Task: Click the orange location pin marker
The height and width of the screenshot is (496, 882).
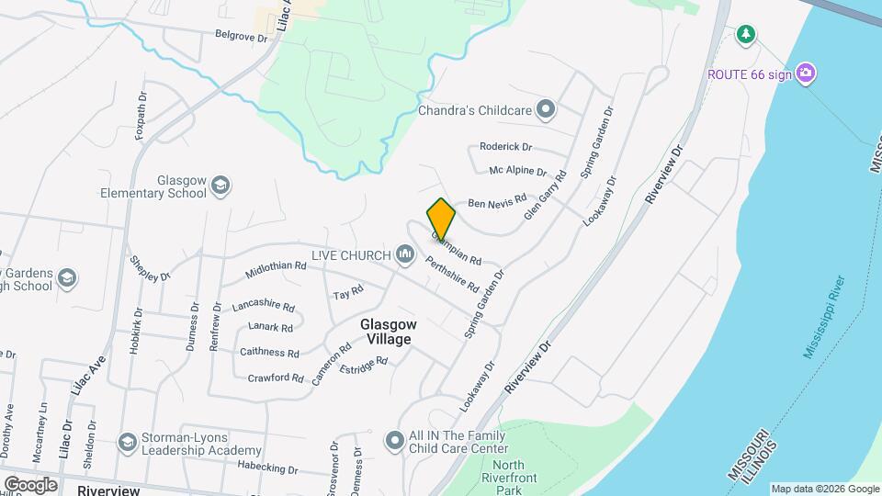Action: click(441, 218)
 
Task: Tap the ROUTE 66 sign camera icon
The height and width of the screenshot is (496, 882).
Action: click(806, 73)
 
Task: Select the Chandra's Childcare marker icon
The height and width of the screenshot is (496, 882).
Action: click(546, 110)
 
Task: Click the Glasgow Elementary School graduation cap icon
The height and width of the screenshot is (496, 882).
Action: click(220, 186)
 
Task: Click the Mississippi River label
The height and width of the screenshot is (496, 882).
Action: click(823, 317)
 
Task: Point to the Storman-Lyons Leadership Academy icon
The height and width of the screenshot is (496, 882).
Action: click(128, 442)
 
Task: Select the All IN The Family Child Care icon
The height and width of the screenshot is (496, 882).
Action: click(394, 441)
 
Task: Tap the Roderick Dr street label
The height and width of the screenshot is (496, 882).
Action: click(505, 147)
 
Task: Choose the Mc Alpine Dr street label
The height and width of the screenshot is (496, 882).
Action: click(517, 172)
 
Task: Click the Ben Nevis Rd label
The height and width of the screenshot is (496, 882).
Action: click(496, 200)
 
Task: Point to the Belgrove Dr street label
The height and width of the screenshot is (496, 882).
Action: click(240, 39)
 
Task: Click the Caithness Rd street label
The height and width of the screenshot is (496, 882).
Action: click(269, 353)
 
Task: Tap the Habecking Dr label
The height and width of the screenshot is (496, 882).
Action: click(267, 469)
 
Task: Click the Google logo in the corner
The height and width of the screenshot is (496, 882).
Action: click(30, 484)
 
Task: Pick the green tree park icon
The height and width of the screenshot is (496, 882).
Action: click(747, 35)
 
